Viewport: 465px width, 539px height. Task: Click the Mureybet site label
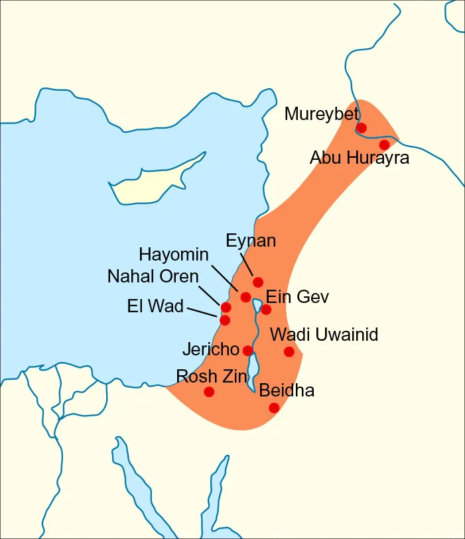[x=322, y=114]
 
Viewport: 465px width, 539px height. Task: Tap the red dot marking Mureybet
[x=362, y=127]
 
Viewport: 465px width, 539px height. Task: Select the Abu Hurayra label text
[x=360, y=158]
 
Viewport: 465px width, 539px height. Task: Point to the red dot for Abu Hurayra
[x=384, y=145]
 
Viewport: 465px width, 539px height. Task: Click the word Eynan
[x=251, y=240]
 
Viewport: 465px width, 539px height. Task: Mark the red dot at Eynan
[x=258, y=282]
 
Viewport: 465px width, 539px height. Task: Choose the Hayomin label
[x=174, y=255]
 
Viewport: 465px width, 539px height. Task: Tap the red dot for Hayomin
[x=245, y=297]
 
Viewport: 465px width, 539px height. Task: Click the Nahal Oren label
[x=153, y=276]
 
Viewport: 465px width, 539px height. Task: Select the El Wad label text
[x=155, y=306]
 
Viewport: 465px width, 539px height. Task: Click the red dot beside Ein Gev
[x=266, y=309]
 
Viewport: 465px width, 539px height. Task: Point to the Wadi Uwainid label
[x=324, y=334]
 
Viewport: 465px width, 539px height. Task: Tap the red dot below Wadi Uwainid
[x=289, y=351]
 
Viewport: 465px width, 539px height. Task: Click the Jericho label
[x=210, y=349]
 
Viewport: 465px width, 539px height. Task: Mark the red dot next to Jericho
[x=247, y=350]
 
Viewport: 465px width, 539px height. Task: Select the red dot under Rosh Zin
[x=209, y=392]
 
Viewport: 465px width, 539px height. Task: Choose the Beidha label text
[x=287, y=390]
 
